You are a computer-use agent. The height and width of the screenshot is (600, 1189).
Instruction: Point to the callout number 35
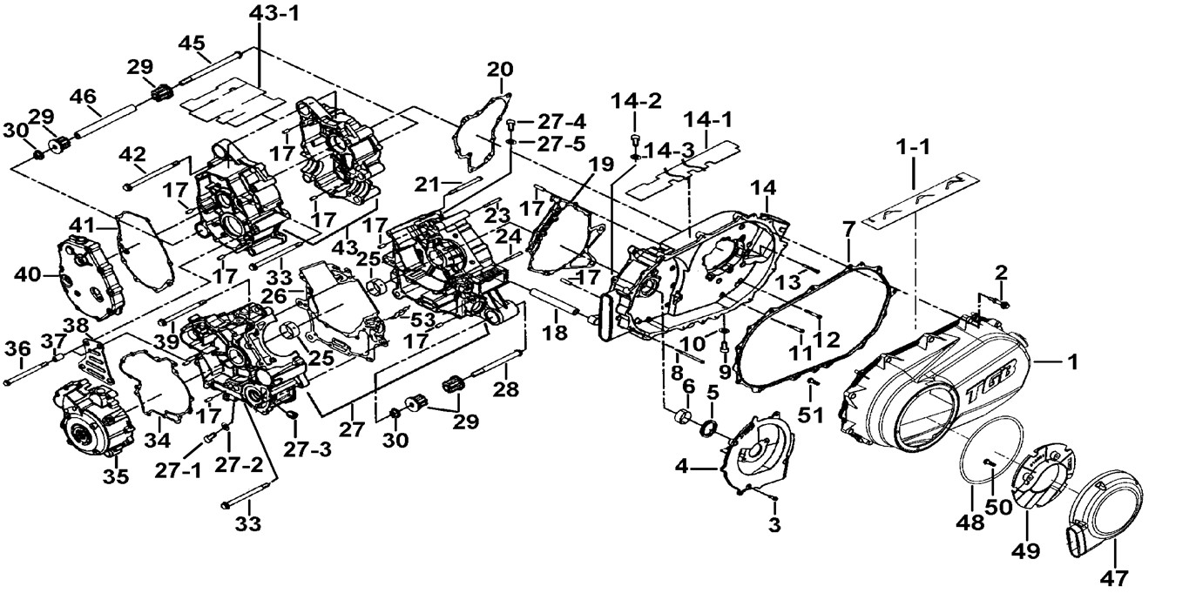[116, 476]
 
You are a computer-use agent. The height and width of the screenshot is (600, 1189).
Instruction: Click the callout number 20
[500, 69]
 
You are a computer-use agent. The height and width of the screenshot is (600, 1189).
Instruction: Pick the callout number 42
[132, 154]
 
